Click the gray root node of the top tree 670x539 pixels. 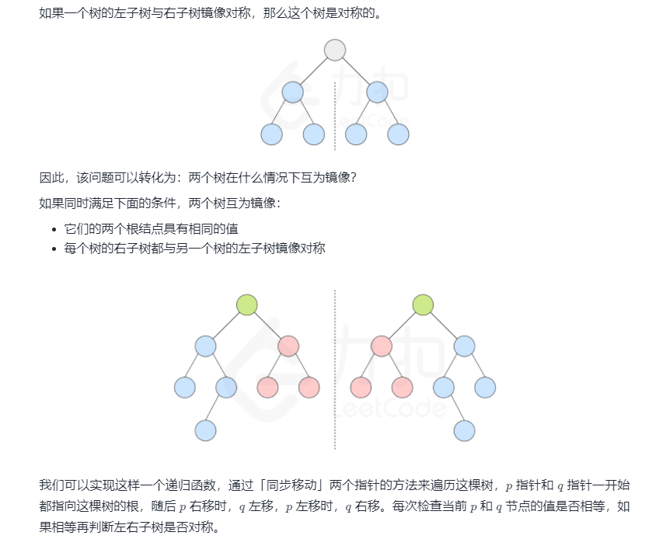point(335,50)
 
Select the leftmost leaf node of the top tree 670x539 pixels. point(271,134)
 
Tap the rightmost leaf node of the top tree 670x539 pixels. point(398,134)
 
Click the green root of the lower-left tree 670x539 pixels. point(247,304)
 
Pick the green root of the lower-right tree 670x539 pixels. point(423,304)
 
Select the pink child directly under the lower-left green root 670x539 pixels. point(288,346)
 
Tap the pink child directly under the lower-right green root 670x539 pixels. point(382,346)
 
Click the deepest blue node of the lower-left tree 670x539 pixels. point(205,429)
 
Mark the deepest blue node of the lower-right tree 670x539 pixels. point(464,429)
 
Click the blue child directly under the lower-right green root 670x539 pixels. point(464,346)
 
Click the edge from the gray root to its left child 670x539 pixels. point(314,71)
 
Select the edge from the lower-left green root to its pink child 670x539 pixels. point(268,325)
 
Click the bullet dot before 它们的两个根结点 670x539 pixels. point(54,229)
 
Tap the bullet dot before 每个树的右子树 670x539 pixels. point(54,249)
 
